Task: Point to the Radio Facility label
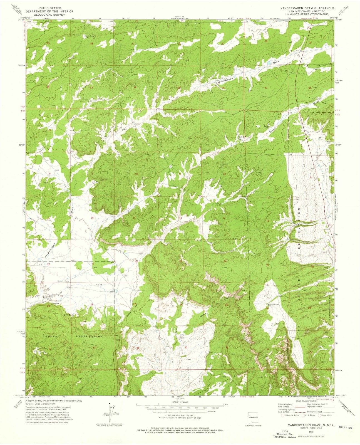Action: (274, 305)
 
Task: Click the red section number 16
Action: (92, 217)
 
